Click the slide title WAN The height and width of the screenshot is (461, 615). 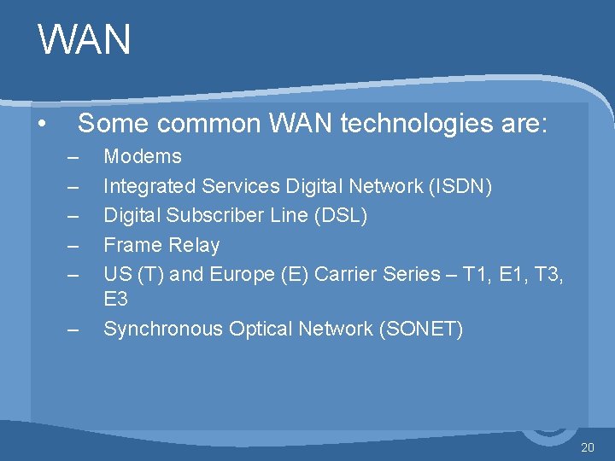[x=85, y=39]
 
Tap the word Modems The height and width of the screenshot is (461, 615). [x=143, y=156]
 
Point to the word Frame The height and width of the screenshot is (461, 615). [x=130, y=245]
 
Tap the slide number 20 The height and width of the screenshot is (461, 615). [x=588, y=447]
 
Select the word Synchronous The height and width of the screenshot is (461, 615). [x=162, y=329]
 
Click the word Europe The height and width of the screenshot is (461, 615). [x=256, y=274]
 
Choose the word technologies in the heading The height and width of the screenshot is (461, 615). [x=413, y=125]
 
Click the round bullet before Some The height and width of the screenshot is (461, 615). [x=42, y=125]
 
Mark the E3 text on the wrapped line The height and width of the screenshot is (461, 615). [x=116, y=299]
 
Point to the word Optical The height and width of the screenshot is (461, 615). [x=260, y=329]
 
